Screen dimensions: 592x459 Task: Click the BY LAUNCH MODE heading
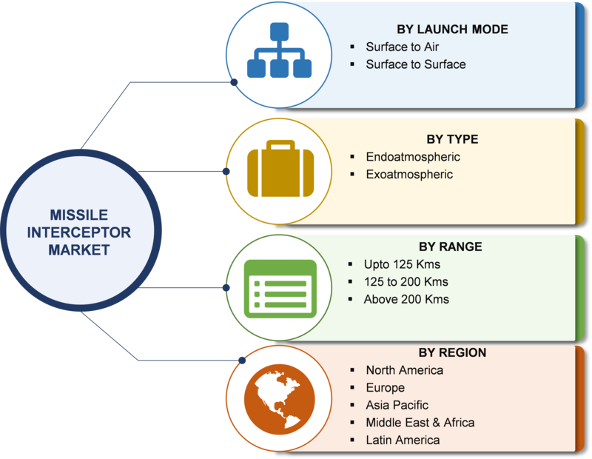[x=452, y=29]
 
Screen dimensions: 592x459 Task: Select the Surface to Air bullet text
[x=402, y=47]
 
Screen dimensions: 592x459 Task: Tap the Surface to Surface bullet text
[x=416, y=64]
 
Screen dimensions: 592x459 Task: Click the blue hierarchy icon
[x=280, y=50]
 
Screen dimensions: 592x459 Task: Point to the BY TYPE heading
[x=452, y=139]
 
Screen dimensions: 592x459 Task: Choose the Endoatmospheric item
[x=413, y=157]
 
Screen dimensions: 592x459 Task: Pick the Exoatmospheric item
[x=409, y=174]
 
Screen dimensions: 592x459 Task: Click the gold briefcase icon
[x=280, y=169]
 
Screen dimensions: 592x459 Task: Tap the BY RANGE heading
[x=451, y=247]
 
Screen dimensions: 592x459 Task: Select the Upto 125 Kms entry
[x=402, y=264]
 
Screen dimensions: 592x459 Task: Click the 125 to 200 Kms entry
[x=406, y=282]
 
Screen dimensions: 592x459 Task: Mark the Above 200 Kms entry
[x=406, y=299]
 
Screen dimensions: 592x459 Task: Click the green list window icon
[x=280, y=289]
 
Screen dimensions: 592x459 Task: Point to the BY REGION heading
[x=452, y=352]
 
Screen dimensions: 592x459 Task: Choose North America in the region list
[x=404, y=370]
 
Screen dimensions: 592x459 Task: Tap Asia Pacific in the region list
[x=397, y=405]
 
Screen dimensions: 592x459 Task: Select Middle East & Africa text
[x=420, y=423]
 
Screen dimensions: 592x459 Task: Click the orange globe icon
[x=280, y=399]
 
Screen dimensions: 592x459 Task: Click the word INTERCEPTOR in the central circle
[x=79, y=232]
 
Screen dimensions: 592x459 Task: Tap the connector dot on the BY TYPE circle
[x=226, y=172]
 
